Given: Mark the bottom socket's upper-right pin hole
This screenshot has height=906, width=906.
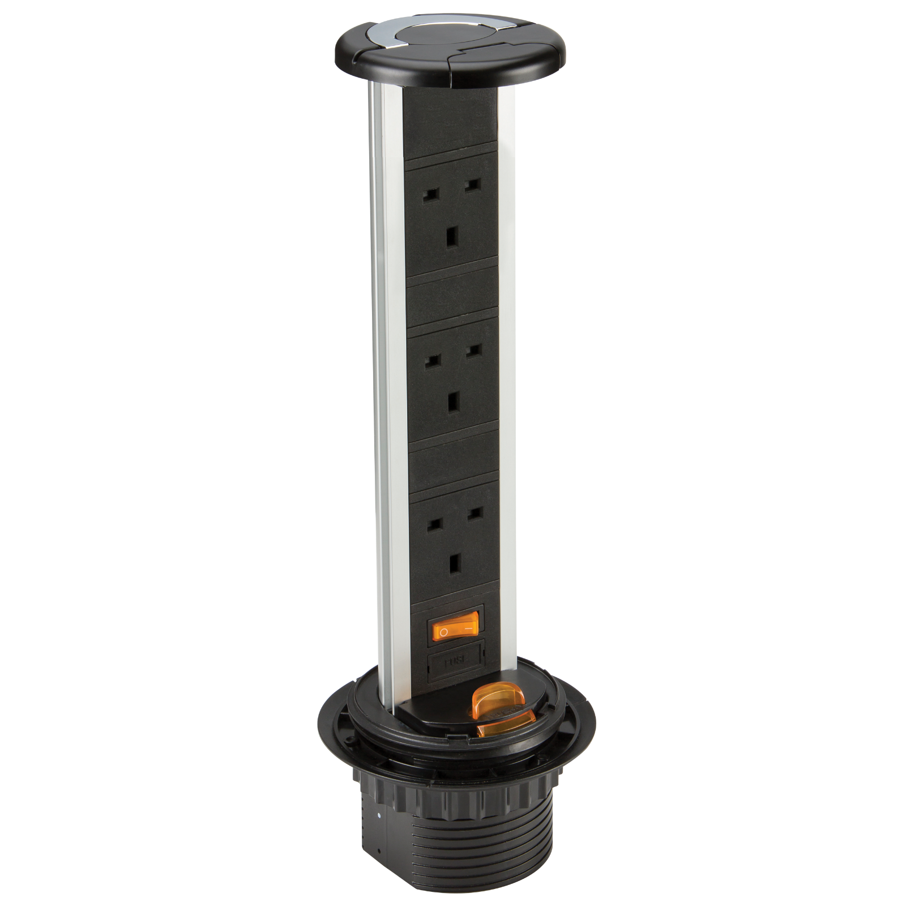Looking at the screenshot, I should (475, 516).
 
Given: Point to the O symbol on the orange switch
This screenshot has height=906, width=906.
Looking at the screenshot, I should (444, 630).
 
